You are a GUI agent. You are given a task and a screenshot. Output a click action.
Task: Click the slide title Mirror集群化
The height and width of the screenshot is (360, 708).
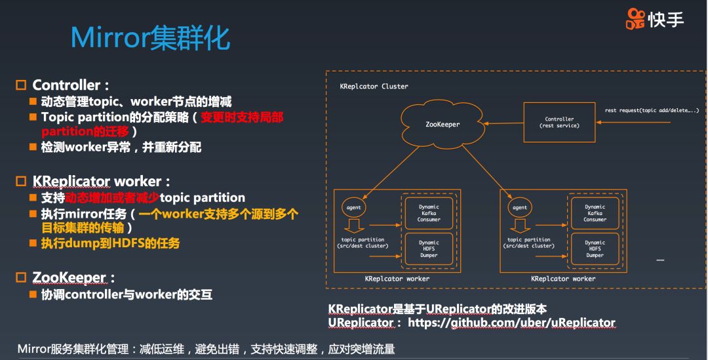pos(150,39)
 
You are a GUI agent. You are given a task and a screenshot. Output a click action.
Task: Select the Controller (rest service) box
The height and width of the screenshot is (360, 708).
pos(559,122)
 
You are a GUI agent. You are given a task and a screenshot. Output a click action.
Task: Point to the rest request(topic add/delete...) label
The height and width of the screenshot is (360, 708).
pos(650,111)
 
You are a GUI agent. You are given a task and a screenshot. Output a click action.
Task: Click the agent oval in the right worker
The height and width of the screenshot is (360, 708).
pos(520,208)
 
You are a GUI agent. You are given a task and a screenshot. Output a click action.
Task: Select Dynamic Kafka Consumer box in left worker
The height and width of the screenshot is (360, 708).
pos(429,213)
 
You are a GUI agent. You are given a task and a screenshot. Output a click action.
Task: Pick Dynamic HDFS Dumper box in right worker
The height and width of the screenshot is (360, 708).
pos(595,249)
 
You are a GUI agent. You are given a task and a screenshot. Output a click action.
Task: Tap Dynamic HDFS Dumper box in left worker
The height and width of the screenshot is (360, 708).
pos(429,249)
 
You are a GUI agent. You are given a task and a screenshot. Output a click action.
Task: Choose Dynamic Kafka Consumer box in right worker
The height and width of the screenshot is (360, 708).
pos(595,213)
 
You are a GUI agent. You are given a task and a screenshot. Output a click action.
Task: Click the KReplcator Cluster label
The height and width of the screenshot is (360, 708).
pos(374,87)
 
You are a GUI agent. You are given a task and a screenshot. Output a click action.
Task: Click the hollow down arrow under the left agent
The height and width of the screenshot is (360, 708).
pos(354,226)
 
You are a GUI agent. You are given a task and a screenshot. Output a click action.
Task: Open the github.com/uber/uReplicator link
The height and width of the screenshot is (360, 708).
pos(511,323)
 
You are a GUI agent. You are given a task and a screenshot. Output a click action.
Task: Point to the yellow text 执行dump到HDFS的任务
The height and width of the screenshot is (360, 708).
pos(110,243)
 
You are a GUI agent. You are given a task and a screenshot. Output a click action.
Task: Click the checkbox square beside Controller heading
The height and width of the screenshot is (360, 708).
pos(21,85)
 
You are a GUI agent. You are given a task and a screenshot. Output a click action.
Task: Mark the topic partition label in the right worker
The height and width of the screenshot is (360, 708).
pos(528,243)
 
